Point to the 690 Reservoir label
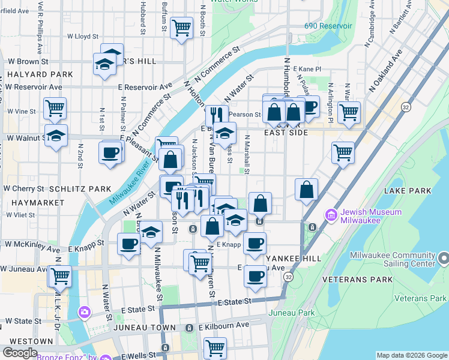(328, 26)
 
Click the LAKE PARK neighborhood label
(406, 191)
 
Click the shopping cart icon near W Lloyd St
(181, 27)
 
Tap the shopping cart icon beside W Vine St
(55, 108)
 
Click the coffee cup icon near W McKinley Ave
(128, 244)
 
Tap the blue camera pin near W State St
(85, 312)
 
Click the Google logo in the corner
(20, 353)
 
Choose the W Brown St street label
(27, 61)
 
